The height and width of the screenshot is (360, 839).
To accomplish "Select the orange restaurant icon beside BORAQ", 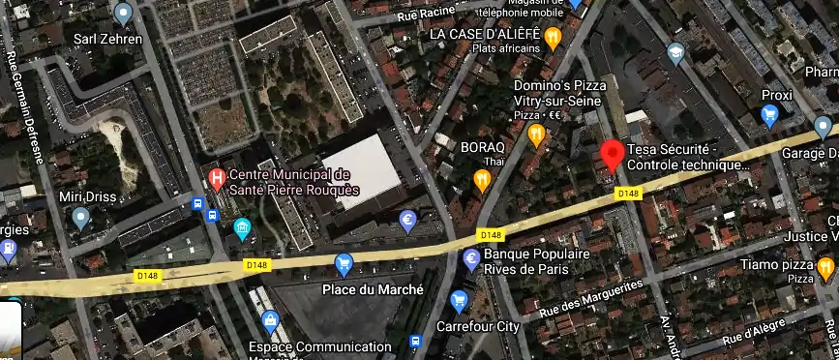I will [482, 179].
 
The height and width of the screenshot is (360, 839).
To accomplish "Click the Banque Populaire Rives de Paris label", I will [537, 260].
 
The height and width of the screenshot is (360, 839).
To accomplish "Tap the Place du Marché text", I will [373, 289].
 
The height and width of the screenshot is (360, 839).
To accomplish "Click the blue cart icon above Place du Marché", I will [343, 263].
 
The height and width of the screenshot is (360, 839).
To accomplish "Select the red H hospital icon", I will [218, 178].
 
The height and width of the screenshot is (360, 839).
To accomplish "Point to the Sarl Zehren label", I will [115, 40].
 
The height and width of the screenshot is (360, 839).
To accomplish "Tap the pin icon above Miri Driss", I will [81, 219].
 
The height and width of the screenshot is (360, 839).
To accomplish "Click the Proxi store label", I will [776, 95].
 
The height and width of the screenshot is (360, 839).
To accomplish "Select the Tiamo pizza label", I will [774, 264].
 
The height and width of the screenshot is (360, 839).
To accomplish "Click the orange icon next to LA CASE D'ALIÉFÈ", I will [553, 39].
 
